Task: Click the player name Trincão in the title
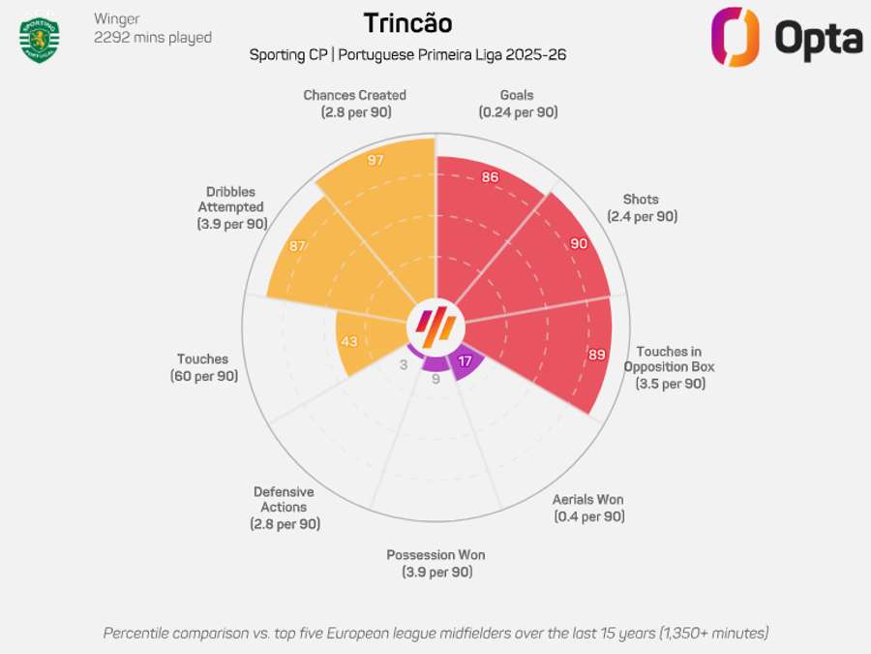click(x=406, y=23)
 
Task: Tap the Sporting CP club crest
click(x=40, y=39)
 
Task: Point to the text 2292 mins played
click(x=152, y=38)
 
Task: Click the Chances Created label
click(x=354, y=104)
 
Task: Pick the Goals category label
click(x=517, y=104)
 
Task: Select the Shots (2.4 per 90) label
click(x=642, y=208)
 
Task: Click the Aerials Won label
click(x=588, y=508)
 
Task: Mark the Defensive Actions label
click(x=284, y=508)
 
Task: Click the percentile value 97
click(x=376, y=160)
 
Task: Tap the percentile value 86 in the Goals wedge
click(x=490, y=177)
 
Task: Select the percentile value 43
click(x=347, y=342)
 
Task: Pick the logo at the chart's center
click(x=435, y=324)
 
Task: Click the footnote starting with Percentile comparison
click(x=435, y=633)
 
